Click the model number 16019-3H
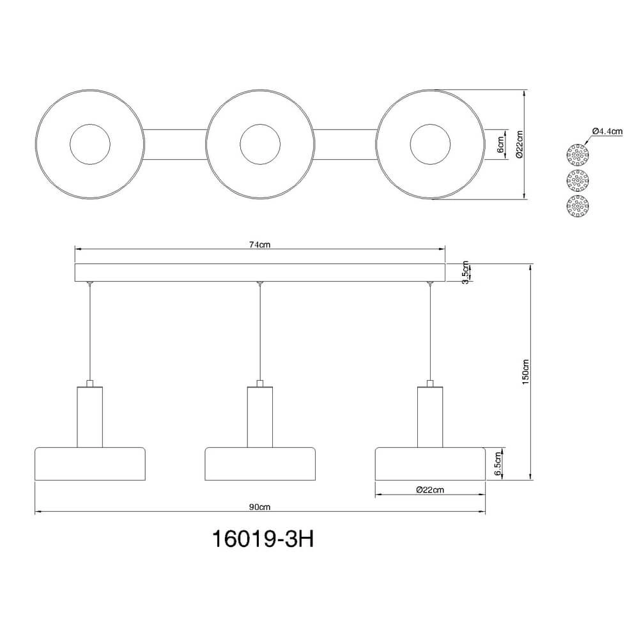263,539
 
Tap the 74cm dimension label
259,245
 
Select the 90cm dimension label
259,507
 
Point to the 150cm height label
526,372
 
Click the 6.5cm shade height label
498,464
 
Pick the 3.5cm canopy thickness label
465,273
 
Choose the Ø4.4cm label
608,131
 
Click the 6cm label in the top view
501,144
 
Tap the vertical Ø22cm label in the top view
519,144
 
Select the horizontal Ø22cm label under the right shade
430,490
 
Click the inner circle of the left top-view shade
89,144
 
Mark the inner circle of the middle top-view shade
260,144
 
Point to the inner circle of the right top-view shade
430,144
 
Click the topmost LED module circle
578,155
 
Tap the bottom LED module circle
578,206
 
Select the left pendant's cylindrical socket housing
89,417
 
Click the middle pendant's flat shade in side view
260,464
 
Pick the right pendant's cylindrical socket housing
430,417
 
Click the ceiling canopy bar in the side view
259,273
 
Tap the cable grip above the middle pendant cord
260,283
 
